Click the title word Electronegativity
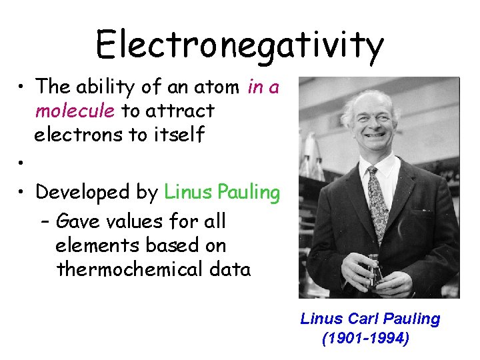coord(239,45)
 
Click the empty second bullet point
coord(22,163)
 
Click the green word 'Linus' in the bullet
coord(187,192)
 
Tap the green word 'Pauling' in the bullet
coord(247,193)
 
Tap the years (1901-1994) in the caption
coord(365,339)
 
